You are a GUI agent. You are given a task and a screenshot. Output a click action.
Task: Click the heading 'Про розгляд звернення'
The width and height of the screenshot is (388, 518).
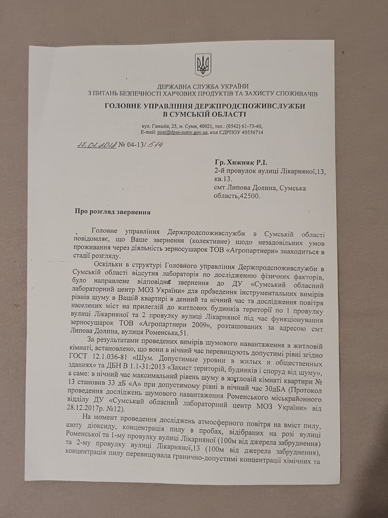(112, 212)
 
